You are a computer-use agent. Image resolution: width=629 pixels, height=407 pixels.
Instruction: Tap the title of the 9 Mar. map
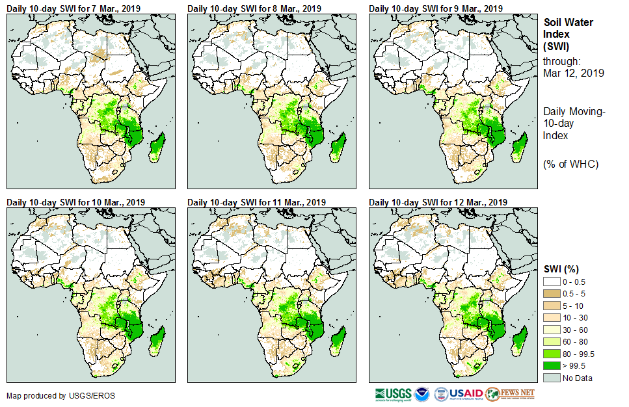[435, 8]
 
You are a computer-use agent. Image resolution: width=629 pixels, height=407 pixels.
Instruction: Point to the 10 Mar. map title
[75, 202]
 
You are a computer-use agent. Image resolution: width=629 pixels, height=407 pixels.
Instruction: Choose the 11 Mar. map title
[256, 202]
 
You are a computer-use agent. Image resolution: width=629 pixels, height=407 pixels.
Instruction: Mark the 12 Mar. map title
[438, 202]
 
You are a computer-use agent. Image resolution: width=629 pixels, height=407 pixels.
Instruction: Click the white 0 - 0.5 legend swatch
[552, 281]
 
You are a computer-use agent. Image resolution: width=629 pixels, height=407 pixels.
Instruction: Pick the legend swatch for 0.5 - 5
[552, 293]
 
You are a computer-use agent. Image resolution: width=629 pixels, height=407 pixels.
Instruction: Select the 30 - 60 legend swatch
[552, 330]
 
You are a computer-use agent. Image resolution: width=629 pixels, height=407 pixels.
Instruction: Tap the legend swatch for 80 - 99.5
[552, 354]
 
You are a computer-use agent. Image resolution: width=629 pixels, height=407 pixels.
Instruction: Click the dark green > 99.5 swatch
[552, 366]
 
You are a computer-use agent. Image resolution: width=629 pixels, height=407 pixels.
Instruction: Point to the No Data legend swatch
[552, 378]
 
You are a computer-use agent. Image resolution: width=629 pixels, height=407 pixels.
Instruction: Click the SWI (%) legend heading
[561, 269]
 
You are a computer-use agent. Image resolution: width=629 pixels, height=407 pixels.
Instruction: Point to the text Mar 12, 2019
[573, 73]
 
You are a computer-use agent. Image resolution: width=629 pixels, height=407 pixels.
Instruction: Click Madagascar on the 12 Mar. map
[519, 341]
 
